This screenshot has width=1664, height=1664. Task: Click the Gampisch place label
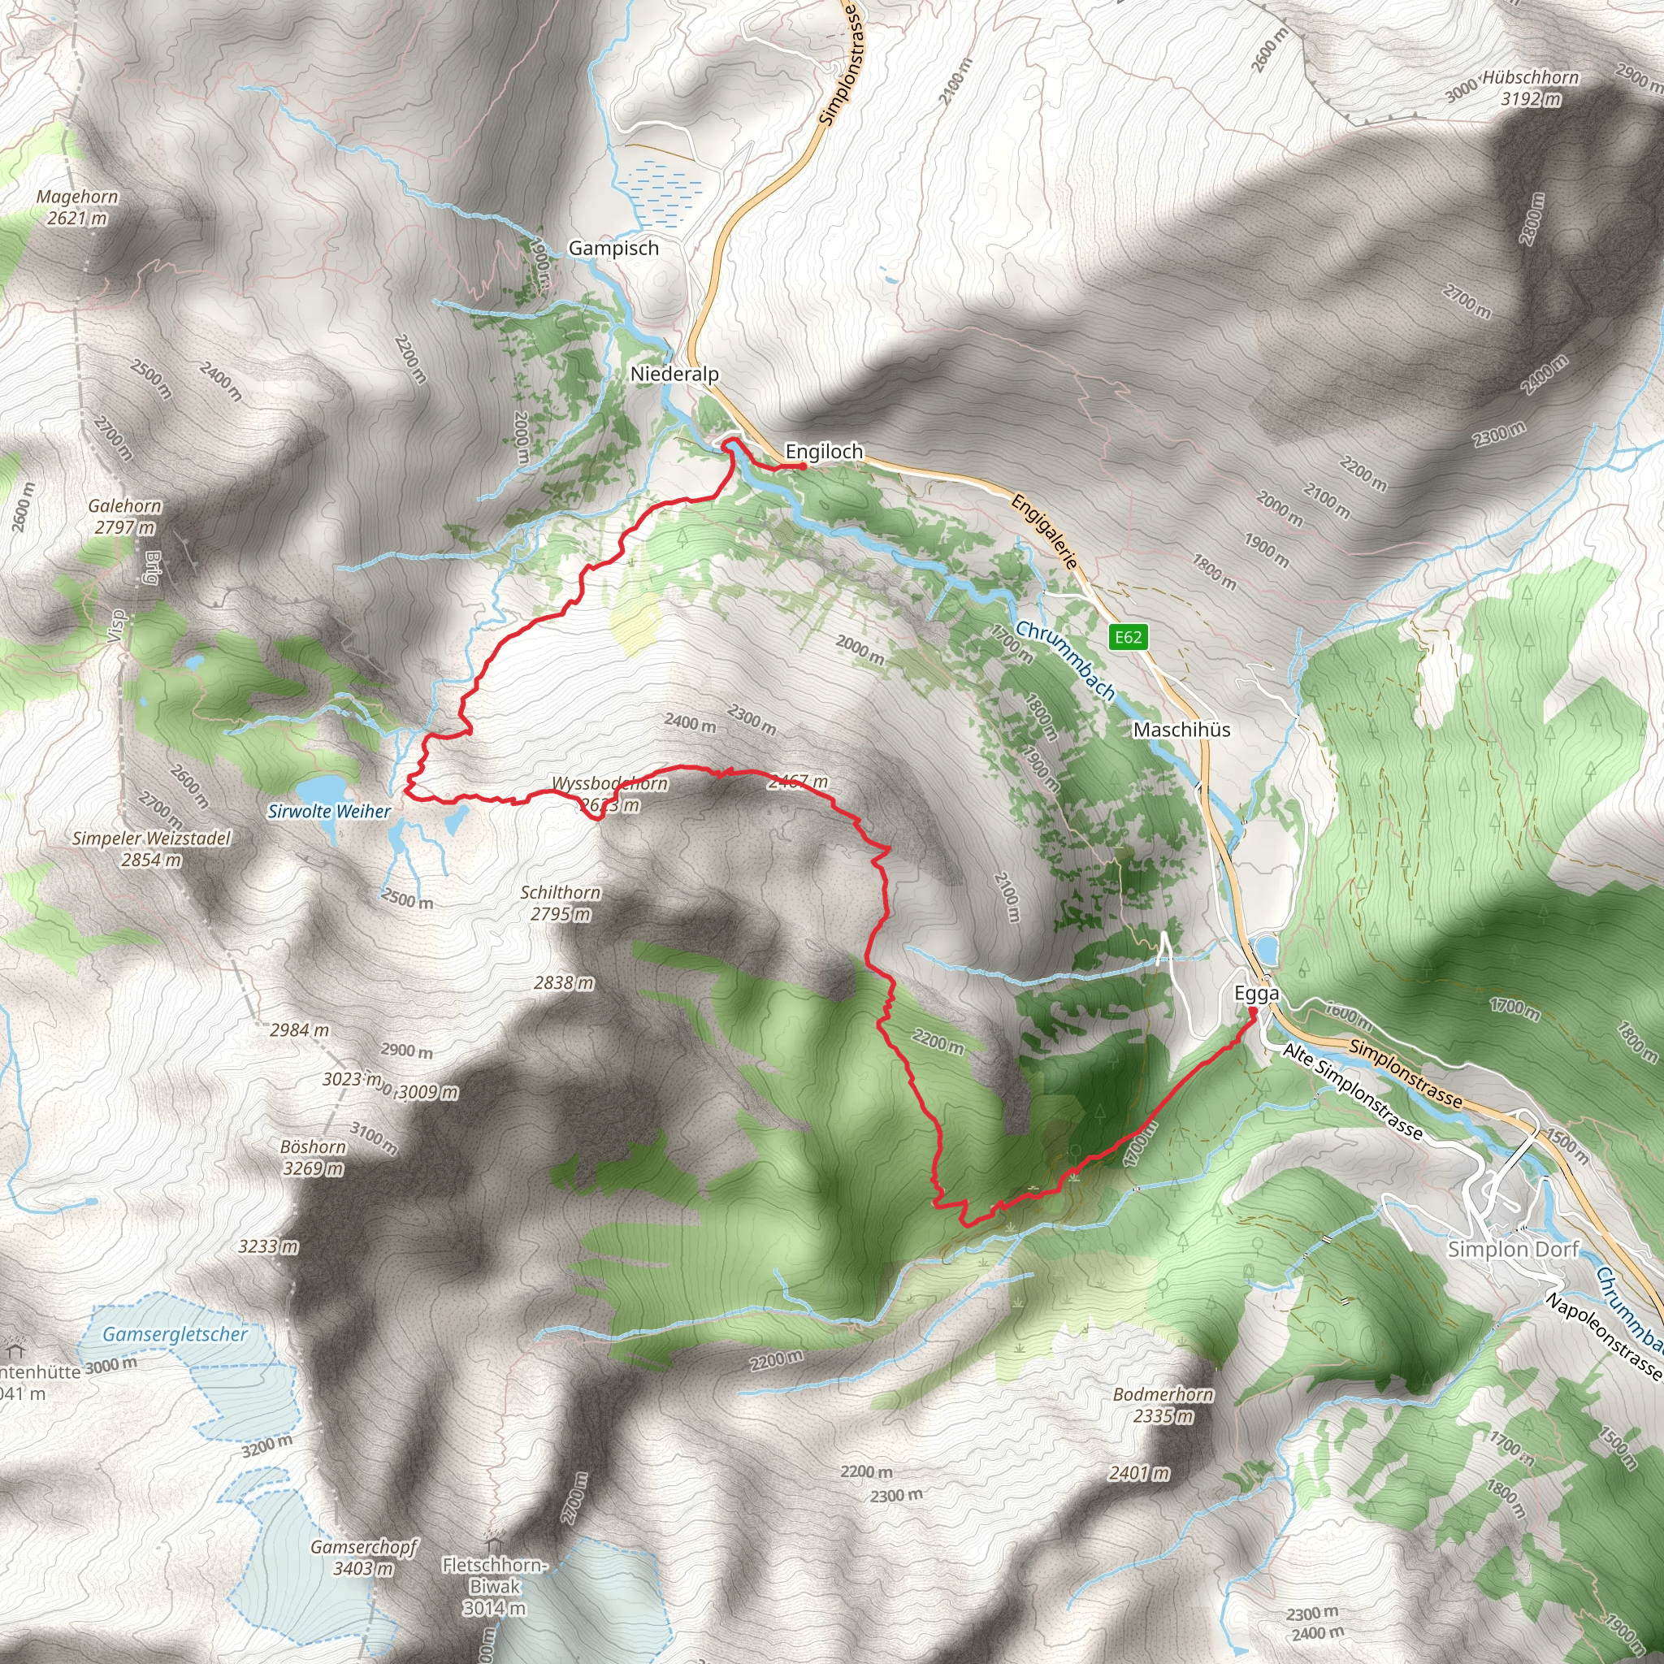pos(613,248)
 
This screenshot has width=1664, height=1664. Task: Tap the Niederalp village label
pos(674,374)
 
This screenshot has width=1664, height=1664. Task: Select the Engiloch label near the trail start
pos(823,451)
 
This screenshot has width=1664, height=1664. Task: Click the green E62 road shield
pos(1128,637)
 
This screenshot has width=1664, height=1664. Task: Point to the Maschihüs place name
pos(1181,730)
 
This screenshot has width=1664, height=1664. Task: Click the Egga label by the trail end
pos(1257,993)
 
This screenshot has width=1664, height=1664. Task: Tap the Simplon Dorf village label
pos(1513,1249)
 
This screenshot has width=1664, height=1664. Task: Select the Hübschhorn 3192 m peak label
pos(1531,88)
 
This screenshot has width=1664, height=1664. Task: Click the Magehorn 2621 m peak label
pos(77,207)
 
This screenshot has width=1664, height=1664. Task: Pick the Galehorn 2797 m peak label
pos(125,517)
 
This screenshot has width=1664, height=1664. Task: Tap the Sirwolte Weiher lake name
pos(329,812)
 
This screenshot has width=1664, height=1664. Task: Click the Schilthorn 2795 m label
pos(561,903)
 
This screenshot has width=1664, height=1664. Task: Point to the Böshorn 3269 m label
pos(314,1158)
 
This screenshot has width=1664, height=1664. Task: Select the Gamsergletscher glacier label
pos(175,1334)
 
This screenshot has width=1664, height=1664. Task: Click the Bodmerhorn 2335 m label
pos(1163,1405)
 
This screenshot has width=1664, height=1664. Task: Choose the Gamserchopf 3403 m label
pos(363,1558)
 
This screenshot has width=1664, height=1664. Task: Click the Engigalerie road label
pos(1045,531)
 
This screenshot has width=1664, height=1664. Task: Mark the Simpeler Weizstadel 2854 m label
pos(152,848)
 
